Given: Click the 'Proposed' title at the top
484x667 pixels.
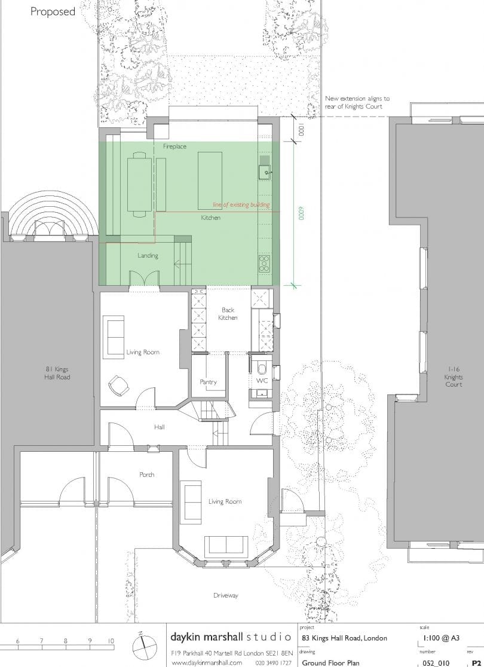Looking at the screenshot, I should [53, 11].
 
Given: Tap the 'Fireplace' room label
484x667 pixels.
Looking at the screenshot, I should [174, 146].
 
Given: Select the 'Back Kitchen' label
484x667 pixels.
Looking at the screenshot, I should [228, 314].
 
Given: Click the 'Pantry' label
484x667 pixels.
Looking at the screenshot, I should [208, 382].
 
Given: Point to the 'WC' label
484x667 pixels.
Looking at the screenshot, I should [262, 380].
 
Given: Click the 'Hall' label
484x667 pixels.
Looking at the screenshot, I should [159, 427].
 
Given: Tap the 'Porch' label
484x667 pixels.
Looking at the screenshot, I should [146, 475].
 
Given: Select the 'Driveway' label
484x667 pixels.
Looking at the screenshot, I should [226, 595].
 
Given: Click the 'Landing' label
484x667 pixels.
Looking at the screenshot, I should [148, 256].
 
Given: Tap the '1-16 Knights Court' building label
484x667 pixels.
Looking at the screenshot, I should [453, 377].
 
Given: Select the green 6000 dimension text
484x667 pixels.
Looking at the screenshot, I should [300, 214].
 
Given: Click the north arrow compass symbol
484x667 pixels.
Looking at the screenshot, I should [143, 646].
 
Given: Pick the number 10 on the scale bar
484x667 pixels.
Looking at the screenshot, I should [111, 641].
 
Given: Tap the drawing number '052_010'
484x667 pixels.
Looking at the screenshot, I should [436, 662].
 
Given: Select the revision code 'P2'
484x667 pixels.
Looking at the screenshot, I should [476, 662].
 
